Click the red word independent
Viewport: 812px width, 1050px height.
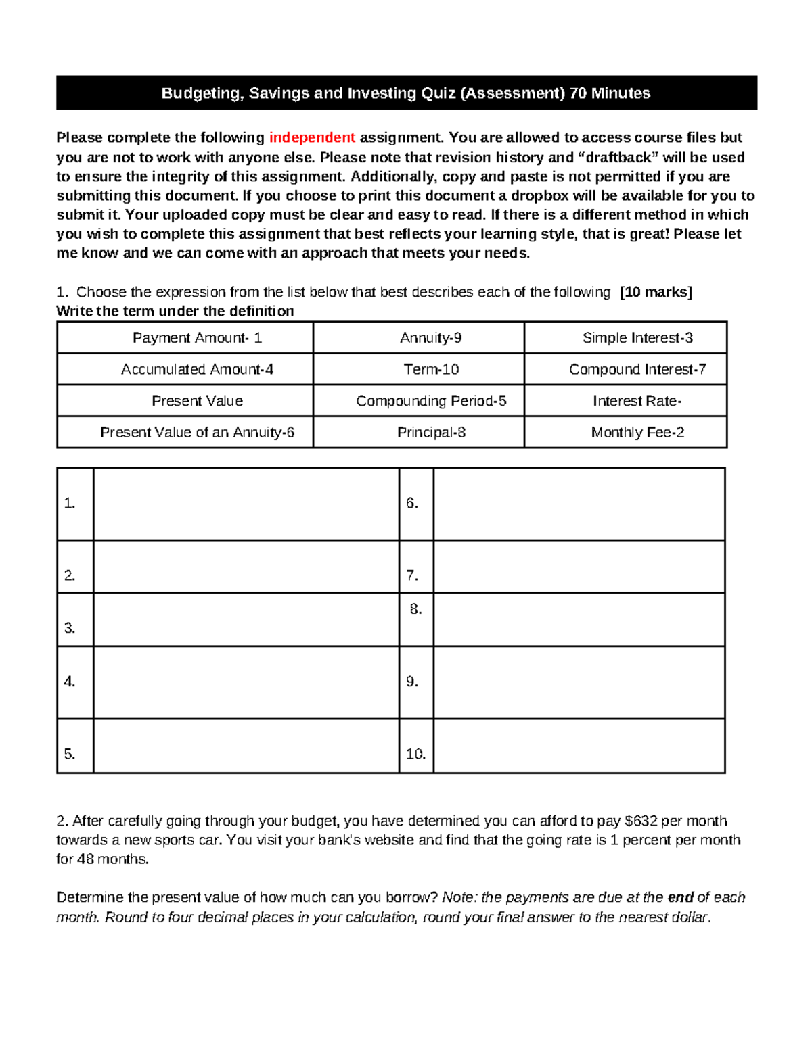pos(312,138)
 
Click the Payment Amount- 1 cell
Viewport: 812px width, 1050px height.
pos(197,338)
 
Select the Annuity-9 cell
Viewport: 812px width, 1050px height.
pos(430,338)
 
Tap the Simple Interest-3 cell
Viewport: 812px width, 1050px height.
pos(637,338)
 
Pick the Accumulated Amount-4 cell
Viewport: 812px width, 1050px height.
pos(197,369)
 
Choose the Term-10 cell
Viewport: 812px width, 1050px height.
pos(430,369)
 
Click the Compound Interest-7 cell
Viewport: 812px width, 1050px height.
pos(637,369)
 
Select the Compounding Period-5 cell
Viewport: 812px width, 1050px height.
pos(430,401)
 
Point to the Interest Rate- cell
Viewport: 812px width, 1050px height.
pos(637,401)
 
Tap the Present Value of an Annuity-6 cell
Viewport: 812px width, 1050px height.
pos(197,433)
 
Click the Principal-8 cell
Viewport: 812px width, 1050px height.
pos(430,433)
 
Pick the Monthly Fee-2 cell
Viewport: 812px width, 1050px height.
pos(637,433)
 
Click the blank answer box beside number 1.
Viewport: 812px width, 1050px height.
pos(246,504)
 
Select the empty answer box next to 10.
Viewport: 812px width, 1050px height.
pos(579,746)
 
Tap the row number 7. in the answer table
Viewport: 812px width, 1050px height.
pos(412,576)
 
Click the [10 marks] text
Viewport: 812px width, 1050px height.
pos(656,292)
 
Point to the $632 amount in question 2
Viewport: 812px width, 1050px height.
pos(641,821)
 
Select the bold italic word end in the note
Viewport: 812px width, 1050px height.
pos(680,897)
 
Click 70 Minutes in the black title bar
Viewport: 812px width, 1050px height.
pos(610,93)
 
